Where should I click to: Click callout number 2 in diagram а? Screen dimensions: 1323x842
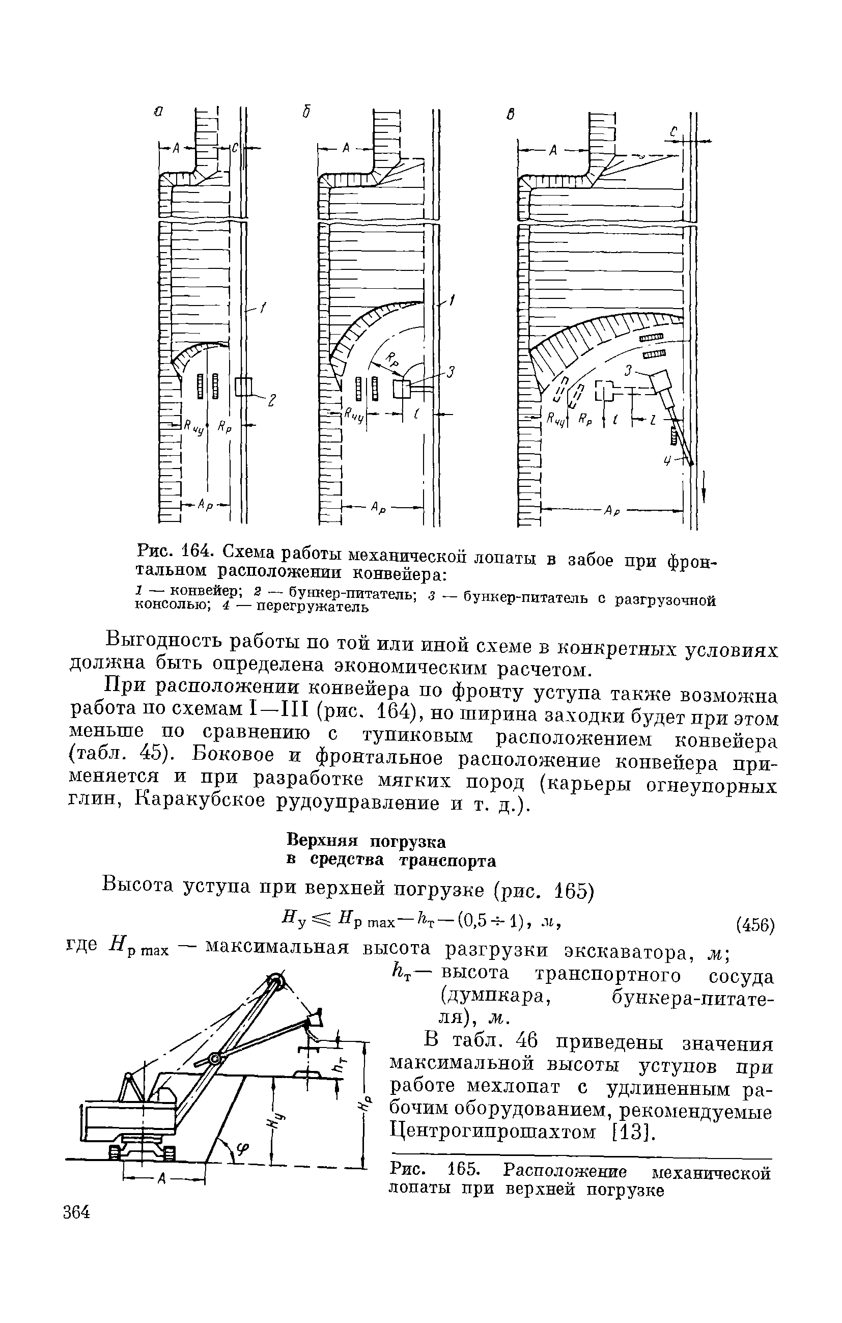coord(271,402)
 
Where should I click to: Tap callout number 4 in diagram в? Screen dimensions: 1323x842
coord(667,461)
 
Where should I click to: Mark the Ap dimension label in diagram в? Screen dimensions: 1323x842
coord(612,510)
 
